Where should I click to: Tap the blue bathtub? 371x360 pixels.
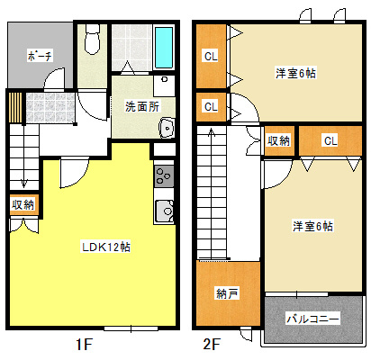click(164, 50)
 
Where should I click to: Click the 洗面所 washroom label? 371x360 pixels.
click(141, 104)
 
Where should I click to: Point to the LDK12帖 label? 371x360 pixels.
click(107, 247)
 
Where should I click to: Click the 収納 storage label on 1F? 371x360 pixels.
click(23, 205)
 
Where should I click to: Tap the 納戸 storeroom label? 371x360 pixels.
click(227, 293)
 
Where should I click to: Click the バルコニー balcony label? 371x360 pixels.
click(312, 318)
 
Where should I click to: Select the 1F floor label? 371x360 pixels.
click(84, 345)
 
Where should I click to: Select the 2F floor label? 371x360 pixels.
click(212, 345)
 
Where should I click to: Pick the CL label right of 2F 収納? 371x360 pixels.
click(330, 140)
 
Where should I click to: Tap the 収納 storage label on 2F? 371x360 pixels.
click(278, 140)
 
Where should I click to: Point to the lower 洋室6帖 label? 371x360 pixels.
click(312, 225)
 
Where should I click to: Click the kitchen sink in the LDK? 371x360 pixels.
click(164, 211)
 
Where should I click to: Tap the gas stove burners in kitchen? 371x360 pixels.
click(163, 173)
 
